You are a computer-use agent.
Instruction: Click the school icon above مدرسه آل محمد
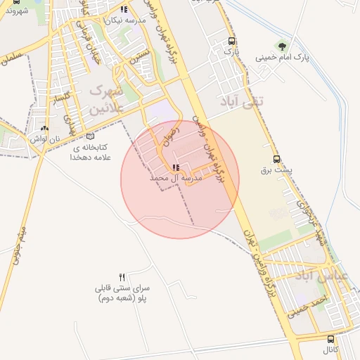pos(176,167)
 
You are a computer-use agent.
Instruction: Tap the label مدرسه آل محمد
pos(176,179)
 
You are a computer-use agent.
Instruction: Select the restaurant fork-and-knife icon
pos(122,276)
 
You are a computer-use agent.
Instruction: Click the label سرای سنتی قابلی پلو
pos(122,292)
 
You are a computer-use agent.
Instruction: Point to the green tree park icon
pos(281,46)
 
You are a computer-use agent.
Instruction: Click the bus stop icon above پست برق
pos(276,159)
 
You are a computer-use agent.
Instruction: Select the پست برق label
pos(276,170)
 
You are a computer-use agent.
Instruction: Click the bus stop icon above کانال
pos(311,338)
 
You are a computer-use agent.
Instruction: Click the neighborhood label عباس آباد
pos(321,276)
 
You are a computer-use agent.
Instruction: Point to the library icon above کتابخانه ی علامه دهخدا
pos(89,136)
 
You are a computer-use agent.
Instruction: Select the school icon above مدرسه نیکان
pos(124,9)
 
